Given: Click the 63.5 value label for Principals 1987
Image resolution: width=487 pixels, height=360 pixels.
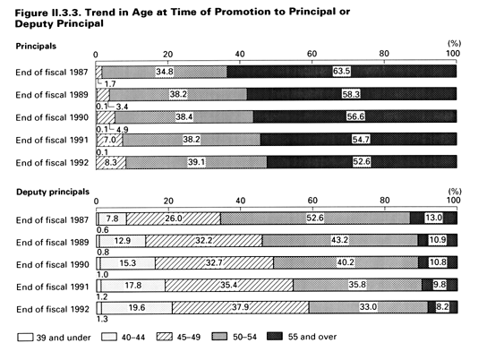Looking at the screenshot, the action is point(342,72).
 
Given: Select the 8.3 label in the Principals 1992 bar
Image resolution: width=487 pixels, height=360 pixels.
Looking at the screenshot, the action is point(111,162).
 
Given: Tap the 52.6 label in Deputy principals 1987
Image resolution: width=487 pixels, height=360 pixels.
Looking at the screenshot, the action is point(315,218).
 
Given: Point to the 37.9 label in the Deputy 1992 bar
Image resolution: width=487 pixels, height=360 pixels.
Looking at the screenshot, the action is point(241,307).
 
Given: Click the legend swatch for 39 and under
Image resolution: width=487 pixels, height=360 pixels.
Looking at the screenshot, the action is point(25,338).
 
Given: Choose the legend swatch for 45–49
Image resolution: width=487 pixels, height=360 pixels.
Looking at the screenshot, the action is point(165,337).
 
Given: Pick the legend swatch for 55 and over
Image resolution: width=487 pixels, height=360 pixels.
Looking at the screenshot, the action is point(275,337).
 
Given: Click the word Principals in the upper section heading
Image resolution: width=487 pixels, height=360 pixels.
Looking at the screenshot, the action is point(36,47).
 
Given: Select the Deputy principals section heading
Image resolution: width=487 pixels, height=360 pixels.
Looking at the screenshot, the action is point(53,192).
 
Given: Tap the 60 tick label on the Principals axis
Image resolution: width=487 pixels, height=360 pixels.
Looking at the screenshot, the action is point(312,54).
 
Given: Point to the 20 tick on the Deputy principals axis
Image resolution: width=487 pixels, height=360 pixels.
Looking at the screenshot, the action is point(168,201).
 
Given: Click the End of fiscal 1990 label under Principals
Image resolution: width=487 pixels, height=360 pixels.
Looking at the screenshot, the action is point(52,117).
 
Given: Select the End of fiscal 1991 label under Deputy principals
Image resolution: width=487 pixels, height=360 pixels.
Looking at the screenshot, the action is point(53,287).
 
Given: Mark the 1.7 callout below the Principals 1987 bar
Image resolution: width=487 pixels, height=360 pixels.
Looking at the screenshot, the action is point(110,84).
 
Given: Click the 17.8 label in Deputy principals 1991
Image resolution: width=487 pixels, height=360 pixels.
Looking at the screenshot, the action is point(132,285).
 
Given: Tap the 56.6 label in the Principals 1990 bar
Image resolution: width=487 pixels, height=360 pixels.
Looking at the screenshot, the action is point(355,116).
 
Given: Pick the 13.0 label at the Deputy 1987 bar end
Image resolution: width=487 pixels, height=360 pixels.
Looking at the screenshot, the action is point(434,218).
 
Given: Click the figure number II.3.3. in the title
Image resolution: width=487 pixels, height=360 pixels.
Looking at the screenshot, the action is point(65,13).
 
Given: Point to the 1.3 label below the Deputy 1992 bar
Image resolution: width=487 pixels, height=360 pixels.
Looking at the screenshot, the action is point(102,319).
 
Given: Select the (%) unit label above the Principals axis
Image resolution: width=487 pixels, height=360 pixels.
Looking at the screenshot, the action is point(454,44).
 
